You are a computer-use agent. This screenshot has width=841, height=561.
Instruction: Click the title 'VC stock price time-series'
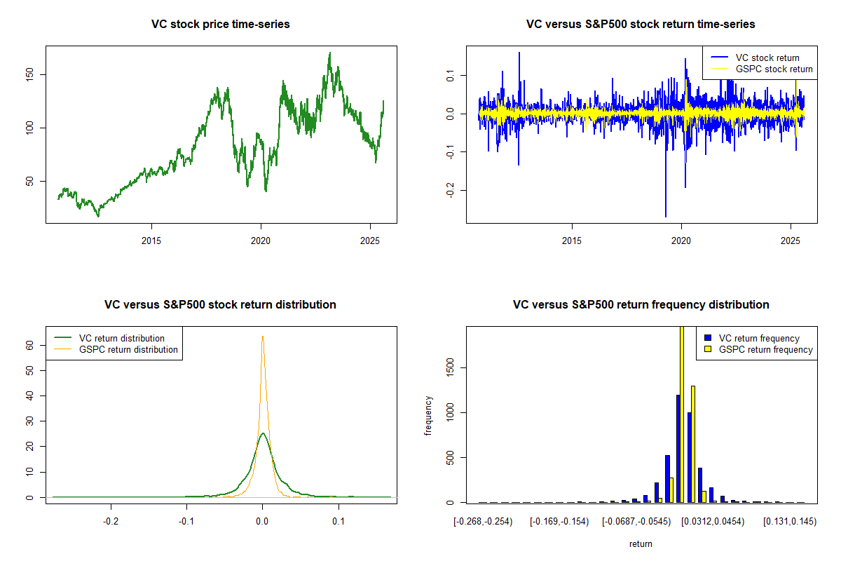221,25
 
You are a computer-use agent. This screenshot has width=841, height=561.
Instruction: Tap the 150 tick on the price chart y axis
35,74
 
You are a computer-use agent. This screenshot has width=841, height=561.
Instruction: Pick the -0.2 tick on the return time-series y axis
451,191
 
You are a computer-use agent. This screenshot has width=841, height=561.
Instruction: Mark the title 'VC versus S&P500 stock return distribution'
221,305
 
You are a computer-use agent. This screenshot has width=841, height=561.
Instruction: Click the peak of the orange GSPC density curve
263,337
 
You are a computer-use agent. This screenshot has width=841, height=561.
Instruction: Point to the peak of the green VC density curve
263,433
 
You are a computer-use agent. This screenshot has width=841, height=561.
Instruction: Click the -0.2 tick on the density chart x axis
110,522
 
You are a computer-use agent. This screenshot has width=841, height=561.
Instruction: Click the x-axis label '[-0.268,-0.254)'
483,522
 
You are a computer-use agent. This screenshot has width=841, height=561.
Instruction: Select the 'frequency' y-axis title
429,416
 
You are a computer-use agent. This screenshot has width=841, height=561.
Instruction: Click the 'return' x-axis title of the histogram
641,544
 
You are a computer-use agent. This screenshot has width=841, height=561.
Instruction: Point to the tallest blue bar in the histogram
678,449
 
